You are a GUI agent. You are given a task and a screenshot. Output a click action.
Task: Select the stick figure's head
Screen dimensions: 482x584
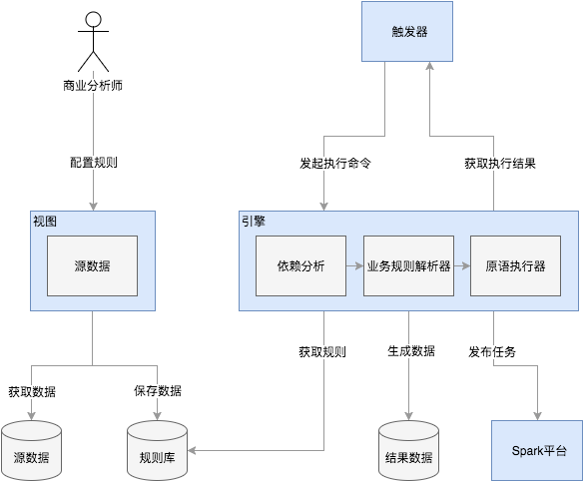[93, 19]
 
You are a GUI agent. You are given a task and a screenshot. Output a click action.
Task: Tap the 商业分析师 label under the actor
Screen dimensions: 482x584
[93, 85]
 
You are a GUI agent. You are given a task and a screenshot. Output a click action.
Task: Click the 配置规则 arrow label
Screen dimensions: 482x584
[93, 162]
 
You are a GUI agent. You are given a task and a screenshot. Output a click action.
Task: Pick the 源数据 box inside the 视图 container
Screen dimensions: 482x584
[92, 266]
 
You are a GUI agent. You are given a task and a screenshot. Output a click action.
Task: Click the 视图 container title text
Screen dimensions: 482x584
[45, 222]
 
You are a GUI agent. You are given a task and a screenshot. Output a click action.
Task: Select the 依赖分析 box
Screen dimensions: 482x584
[300, 266]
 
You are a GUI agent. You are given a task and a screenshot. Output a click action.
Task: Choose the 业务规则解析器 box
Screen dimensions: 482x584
[408, 266]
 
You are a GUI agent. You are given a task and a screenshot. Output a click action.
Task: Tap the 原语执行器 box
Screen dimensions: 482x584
[515, 266]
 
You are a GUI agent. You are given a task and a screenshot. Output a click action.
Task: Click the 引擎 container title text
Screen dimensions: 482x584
[253, 222]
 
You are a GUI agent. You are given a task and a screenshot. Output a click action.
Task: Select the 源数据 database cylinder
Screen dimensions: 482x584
[31, 451]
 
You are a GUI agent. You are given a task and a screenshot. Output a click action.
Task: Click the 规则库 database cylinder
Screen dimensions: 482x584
[158, 451]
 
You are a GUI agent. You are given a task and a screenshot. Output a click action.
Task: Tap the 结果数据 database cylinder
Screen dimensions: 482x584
[408, 451]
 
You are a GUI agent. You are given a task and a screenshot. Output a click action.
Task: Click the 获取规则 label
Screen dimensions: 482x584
[322, 352]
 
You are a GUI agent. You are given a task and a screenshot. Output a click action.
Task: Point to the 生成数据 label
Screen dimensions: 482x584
[410, 351]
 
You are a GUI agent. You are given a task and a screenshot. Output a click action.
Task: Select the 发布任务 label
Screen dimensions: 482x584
[492, 351]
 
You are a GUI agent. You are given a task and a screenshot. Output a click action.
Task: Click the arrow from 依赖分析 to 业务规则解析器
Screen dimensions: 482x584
[353, 266]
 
